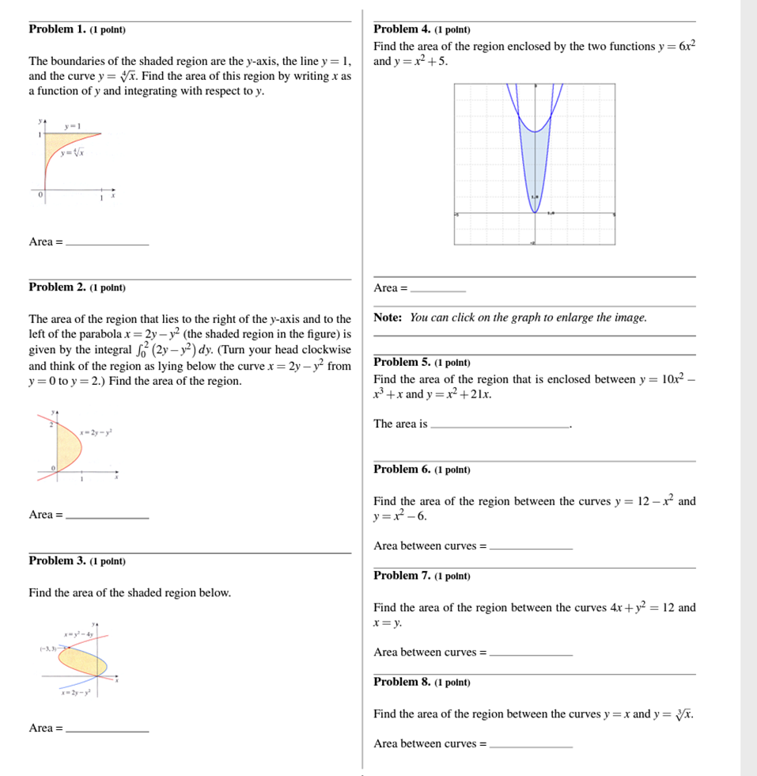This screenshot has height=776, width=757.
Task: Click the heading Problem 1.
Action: [57, 29]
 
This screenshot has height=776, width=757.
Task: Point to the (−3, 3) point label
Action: [47, 648]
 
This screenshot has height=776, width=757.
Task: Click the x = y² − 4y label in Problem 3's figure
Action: [80, 634]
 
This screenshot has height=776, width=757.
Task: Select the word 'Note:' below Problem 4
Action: [388, 318]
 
